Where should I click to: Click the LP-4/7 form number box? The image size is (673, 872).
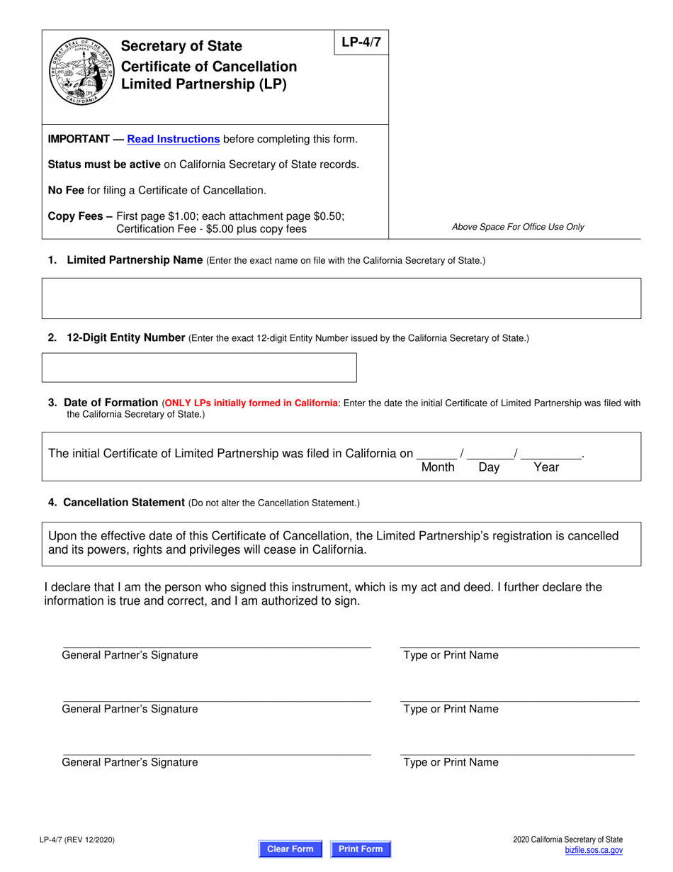click(x=361, y=43)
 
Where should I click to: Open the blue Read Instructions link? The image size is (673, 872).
click(x=173, y=139)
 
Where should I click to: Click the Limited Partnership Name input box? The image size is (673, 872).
click(x=341, y=298)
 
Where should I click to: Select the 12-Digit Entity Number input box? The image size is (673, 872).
click(x=200, y=367)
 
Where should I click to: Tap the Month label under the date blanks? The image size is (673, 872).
click(x=438, y=468)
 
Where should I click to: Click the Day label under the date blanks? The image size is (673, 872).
click(x=489, y=468)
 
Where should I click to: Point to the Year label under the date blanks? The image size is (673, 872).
click(x=545, y=468)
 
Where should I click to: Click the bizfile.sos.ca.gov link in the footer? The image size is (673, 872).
click(x=594, y=850)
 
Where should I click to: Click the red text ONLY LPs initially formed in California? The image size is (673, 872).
click(x=251, y=403)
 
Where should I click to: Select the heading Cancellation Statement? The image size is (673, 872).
click(x=124, y=503)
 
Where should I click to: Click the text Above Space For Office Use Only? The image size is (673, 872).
click(x=518, y=228)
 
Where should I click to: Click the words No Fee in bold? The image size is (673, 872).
click(x=66, y=190)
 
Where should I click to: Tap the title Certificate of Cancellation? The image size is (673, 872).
click(x=209, y=67)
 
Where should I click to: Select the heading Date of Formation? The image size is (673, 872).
click(x=111, y=403)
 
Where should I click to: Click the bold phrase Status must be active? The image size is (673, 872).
click(x=103, y=164)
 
